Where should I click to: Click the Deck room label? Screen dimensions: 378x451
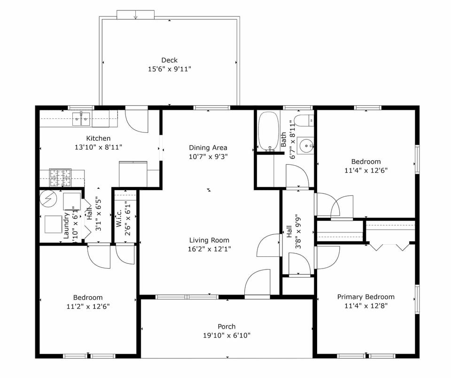(x=169, y=60)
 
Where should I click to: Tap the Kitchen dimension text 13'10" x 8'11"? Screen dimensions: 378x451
(x=98, y=147)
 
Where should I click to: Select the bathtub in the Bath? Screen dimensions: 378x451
(x=269, y=131)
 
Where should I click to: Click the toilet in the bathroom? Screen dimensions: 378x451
(x=303, y=120)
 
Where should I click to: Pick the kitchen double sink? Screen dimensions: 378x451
(x=81, y=119)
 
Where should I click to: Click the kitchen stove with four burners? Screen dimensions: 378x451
(x=60, y=177)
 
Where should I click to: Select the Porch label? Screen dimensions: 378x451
(x=226, y=326)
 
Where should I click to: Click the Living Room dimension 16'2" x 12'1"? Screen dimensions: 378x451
(x=209, y=249)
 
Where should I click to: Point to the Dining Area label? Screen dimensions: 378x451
(x=208, y=147)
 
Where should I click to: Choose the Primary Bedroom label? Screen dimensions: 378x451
(x=365, y=297)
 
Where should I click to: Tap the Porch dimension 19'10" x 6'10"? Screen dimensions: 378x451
(x=226, y=335)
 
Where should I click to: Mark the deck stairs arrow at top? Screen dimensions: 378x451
(x=135, y=15)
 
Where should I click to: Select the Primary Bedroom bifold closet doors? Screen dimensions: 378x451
(x=389, y=246)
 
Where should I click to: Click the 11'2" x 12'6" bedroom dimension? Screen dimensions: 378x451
(x=88, y=306)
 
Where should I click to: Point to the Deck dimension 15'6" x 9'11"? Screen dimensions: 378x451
(x=169, y=69)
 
